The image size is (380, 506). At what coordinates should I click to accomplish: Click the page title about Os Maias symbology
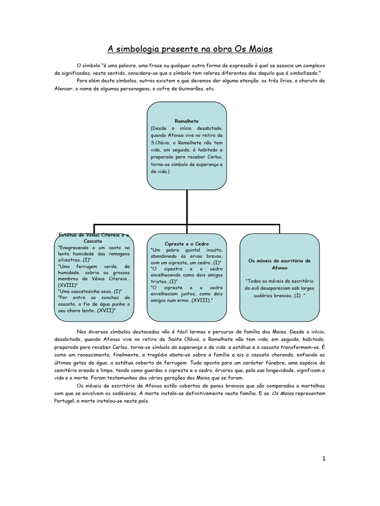point(190,49)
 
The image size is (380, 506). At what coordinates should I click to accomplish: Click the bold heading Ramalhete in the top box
point(187,121)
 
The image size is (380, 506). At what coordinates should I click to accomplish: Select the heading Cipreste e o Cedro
point(187,244)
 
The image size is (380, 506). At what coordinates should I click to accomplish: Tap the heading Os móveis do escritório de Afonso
point(279,264)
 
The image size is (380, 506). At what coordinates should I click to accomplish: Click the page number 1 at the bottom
point(324,459)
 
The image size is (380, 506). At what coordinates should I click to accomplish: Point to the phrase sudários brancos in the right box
point(271,295)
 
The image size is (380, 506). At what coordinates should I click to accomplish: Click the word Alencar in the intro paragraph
point(65,89)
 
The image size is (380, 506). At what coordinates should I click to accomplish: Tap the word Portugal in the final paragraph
point(66,401)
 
